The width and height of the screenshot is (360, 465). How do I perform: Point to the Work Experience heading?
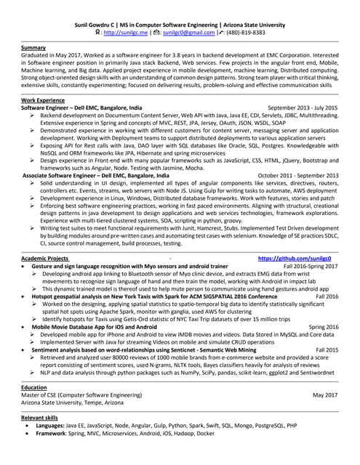coord(45,99)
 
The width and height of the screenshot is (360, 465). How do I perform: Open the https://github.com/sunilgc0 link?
coord(299,259)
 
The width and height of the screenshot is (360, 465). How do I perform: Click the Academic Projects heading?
coord(45,259)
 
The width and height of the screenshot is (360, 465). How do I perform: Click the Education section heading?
coord(34,387)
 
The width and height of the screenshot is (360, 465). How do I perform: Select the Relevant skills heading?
coord(39,419)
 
